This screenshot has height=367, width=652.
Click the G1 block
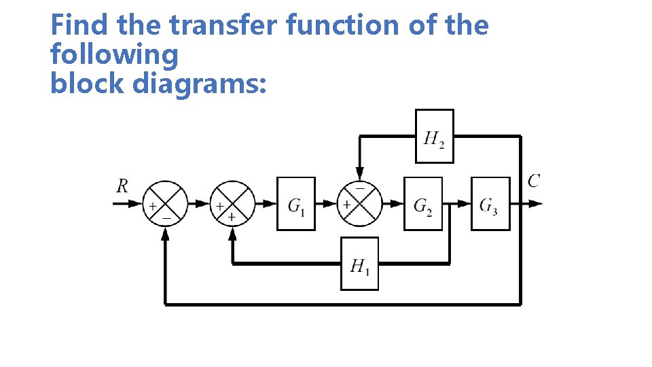tap(295, 203)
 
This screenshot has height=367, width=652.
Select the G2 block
tap(422, 203)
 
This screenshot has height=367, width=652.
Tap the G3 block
tap(490, 203)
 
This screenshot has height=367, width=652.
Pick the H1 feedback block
tap(359, 264)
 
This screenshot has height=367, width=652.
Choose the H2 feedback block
tap(434, 137)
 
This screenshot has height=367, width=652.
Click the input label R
tap(122, 186)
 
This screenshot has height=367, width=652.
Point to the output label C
tap(534, 180)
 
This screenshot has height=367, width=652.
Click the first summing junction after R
tap(164, 203)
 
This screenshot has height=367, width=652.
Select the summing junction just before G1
tap(232, 203)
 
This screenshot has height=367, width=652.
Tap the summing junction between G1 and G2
tap(359, 203)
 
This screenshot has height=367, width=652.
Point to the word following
tap(114, 54)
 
